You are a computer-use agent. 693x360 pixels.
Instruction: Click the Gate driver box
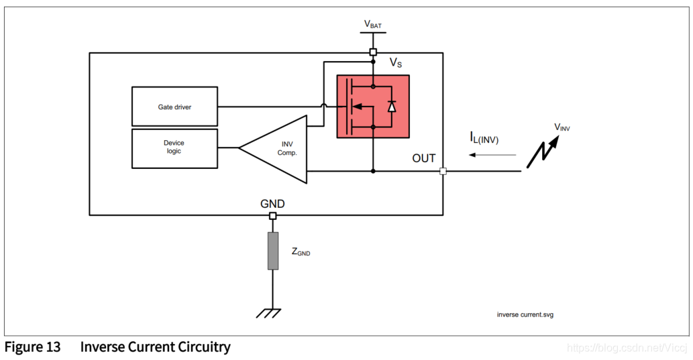[174, 106]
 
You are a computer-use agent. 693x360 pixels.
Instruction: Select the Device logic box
[174, 147]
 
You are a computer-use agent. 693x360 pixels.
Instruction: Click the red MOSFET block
[372, 106]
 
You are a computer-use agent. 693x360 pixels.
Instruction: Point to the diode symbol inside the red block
[392, 106]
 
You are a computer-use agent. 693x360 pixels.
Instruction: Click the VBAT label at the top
[374, 25]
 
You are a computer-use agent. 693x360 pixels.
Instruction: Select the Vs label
[396, 62]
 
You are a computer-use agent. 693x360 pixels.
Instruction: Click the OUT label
[424, 158]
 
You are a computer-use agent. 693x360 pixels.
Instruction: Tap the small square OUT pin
[443, 171]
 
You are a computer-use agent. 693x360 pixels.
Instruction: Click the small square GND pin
[272, 215]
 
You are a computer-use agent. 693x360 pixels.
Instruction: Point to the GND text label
[272, 203]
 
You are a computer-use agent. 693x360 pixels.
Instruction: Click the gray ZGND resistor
[272, 251]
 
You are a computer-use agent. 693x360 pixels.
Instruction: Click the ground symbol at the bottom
[272, 311]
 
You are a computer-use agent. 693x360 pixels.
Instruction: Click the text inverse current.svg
[525, 314]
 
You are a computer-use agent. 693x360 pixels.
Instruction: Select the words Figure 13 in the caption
[32, 347]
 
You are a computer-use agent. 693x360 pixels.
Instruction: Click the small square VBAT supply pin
[373, 52]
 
